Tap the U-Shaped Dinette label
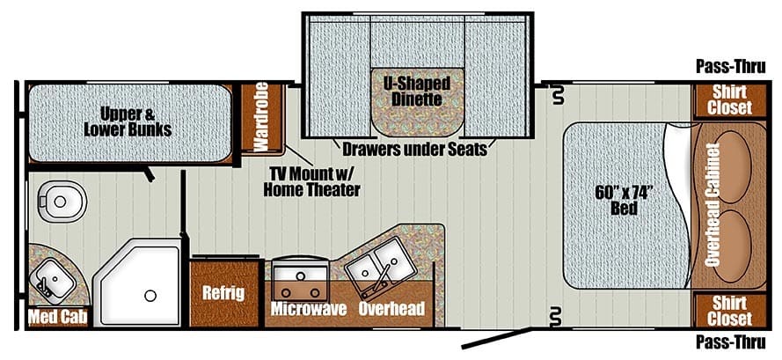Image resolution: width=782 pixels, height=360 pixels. [x=417, y=92]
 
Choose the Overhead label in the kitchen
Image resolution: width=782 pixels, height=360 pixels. [x=391, y=309]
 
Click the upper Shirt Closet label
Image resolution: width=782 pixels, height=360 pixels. [x=732, y=99]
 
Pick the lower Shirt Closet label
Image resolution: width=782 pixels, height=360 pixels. [x=732, y=310]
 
